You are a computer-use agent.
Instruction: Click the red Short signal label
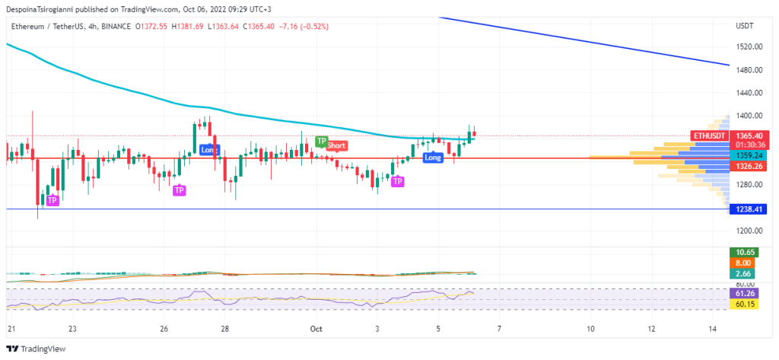coord(337,145)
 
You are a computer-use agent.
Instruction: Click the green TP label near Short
coord(322,142)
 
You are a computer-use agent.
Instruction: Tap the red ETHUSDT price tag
coord(711,135)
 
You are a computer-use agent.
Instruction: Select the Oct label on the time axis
coord(316,329)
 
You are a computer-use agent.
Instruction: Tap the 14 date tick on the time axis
coord(712,329)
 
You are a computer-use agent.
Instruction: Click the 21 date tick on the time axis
coord(11,329)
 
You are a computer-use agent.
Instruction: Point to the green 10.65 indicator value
coord(742,252)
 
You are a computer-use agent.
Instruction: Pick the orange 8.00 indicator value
coord(742,263)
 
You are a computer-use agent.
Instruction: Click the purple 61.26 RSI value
coord(742,293)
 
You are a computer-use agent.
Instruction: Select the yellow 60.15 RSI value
coord(742,304)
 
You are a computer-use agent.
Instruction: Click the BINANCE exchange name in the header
coord(112,27)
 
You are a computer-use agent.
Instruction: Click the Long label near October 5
coord(433,158)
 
